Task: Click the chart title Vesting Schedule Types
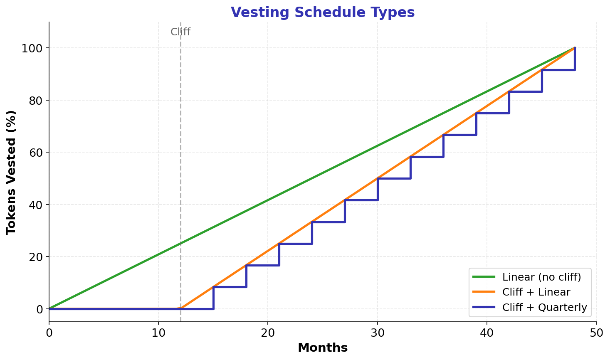tap(323, 12)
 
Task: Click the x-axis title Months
tap(323, 348)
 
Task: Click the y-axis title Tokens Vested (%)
tap(11, 172)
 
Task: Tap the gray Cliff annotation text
tap(180, 32)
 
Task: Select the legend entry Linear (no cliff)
tap(541, 276)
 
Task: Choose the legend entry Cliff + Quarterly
tap(544, 307)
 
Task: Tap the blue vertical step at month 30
tap(378, 189)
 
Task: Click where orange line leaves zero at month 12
tap(180, 308)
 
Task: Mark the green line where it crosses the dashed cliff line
tap(180, 244)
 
